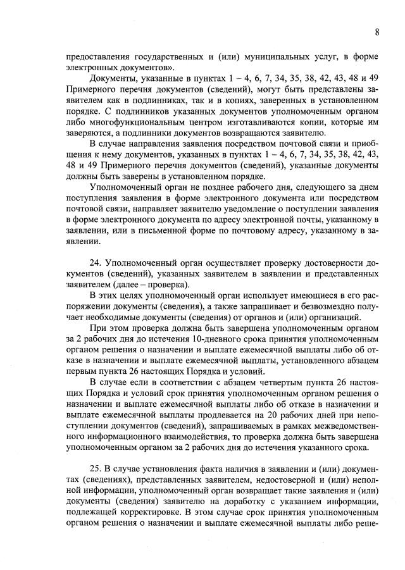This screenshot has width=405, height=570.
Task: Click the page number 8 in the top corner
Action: (377, 32)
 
